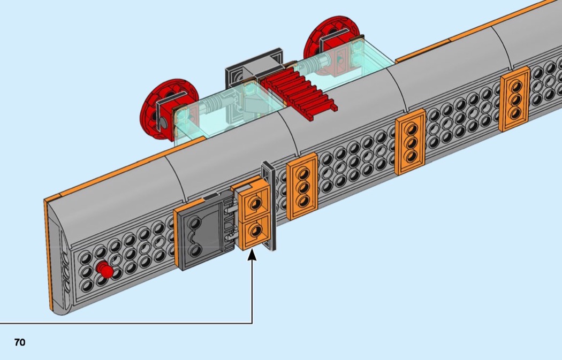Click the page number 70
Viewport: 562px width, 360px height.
(x=20, y=342)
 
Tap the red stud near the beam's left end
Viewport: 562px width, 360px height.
(x=106, y=272)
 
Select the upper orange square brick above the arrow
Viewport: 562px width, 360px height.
(x=255, y=202)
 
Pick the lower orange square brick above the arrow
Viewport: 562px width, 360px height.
(x=254, y=231)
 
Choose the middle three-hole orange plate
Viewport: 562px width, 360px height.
(x=411, y=142)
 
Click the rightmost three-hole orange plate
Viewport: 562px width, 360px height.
(x=514, y=100)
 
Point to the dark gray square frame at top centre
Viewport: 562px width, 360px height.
(x=254, y=67)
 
